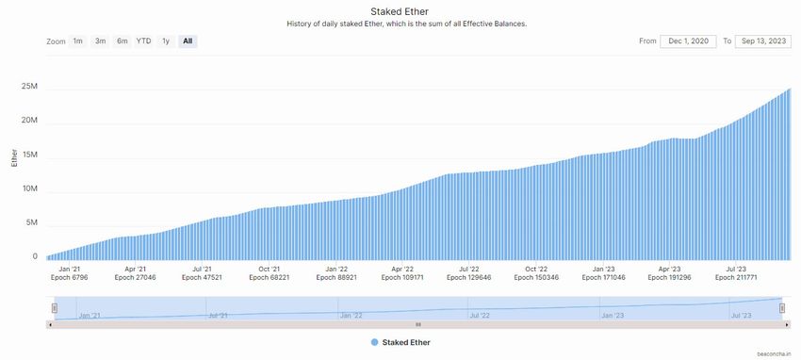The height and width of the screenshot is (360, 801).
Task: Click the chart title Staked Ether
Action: tap(400, 11)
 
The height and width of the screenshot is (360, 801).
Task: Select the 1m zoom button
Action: tap(78, 41)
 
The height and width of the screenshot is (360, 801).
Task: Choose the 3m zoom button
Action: tap(100, 41)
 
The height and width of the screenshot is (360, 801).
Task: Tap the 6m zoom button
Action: tap(123, 41)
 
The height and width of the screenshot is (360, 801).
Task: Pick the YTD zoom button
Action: tap(143, 41)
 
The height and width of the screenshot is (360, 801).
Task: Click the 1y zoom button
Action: tap(166, 41)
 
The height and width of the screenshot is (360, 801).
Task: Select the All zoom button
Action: tap(188, 41)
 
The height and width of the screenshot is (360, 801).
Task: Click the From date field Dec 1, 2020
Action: tap(689, 41)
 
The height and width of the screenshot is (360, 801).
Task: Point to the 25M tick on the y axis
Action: tap(29, 87)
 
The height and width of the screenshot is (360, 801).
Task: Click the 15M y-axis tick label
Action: tap(29, 155)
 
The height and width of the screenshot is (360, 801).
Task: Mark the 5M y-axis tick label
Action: tap(31, 222)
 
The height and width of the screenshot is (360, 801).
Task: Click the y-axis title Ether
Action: tap(13, 157)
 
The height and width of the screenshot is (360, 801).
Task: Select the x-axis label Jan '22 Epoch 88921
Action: tap(336, 273)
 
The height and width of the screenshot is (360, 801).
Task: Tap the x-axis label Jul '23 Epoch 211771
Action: tap(737, 273)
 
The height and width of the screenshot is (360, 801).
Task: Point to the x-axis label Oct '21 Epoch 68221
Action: tap(270, 273)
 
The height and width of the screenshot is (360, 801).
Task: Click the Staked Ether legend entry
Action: tap(400, 342)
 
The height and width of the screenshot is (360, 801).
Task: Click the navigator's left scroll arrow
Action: tap(50, 324)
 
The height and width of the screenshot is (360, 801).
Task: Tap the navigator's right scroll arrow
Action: tap(787, 324)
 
